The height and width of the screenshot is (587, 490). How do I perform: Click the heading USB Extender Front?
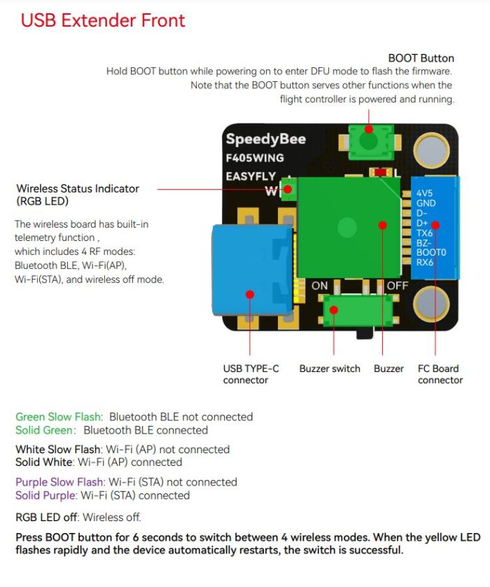click(x=103, y=20)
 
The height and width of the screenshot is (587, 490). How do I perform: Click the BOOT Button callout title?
click(x=421, y=58)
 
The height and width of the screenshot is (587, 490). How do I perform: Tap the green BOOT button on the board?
click(x=367, y=139)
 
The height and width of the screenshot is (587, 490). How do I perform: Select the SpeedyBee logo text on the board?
click(x=265, y=139)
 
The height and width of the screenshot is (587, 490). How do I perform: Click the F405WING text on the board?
click(x=255, y=158)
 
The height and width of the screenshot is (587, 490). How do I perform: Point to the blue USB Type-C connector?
click(x=251, y=270)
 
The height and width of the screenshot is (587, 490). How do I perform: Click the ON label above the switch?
click(x=319, y=286)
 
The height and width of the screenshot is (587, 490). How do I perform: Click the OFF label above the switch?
click(x=397, y=286)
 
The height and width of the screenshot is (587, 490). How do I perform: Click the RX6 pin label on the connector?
click(x=426, y=263)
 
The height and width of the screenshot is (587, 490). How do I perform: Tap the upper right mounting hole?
click(x=431, y=149)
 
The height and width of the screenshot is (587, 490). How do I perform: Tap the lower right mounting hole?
click(x=431, y=305)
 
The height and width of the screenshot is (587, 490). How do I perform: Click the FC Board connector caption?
click(x=440, y=374)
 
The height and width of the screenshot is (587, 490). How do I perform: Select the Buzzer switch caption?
click(x=330, y=368)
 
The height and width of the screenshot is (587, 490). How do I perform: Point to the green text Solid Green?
click(x=43, y=430)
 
